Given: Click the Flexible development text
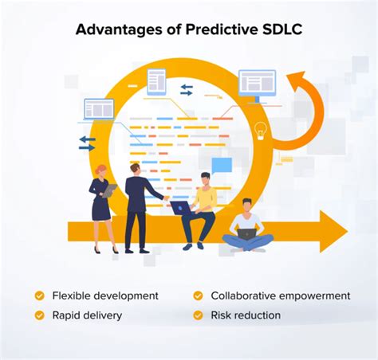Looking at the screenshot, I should [105, 295].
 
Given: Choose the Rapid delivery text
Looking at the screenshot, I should [87, 315].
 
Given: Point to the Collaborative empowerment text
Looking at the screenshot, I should [280, 295].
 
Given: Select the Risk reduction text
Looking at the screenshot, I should [246, 315].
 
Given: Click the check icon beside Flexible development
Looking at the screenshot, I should [39, 295].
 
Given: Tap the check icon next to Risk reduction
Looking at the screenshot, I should [198, 315].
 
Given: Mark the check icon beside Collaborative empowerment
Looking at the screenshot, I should [198, 295].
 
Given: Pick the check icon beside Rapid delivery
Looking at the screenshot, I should [39, 315].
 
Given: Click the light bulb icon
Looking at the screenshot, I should [259, 131].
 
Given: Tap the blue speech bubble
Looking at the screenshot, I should [221, 166].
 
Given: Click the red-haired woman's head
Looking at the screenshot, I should [101, 170].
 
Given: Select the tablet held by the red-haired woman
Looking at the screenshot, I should [109, 190].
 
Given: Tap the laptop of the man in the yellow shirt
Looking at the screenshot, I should [180, 208].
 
